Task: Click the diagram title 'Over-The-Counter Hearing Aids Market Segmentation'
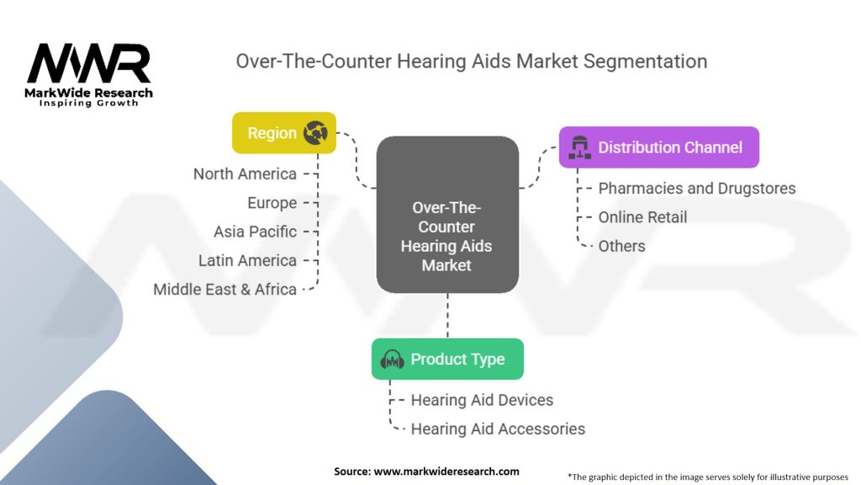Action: click(471, 61)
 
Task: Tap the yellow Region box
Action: click(283, 133)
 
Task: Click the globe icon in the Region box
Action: click(315, 133)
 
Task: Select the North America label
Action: click(245, 174)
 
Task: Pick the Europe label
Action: click(272, 203)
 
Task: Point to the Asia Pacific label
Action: click(255, 232)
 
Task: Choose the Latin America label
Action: click(247, 260)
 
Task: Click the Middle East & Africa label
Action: click(224, 289)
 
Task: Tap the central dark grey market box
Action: click(447, 215)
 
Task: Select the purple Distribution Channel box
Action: click(658, 147)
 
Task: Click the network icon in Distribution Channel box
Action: click(580, 148)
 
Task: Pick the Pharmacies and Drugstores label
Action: click(696, 189)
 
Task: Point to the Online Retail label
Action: click(642, 217)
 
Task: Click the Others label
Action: click(621, 246)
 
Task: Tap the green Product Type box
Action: click(447, 360)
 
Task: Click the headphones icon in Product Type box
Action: click(393, 360)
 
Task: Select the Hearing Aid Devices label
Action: click(482, 400)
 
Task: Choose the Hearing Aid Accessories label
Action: click(498, 429)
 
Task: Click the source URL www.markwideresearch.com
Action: click(446, 472)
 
